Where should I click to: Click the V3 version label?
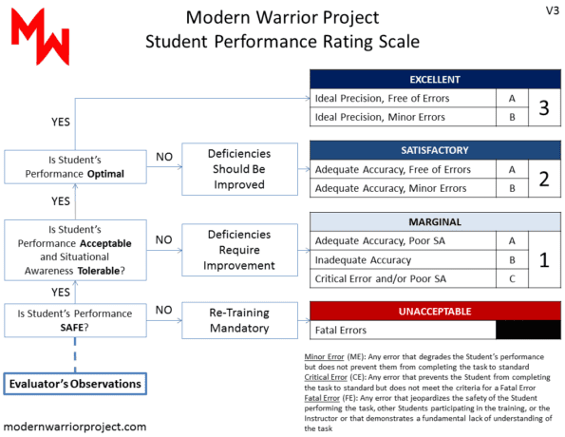tap(551, 10)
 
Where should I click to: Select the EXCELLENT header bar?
tap(435, 79)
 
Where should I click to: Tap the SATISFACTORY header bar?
tap(435, 150)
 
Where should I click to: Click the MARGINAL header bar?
tap(435, 221)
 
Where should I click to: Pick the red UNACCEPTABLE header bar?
tap(435, 311)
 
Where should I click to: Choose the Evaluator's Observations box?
tap(76, 383)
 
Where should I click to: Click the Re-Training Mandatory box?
tap(239, 319)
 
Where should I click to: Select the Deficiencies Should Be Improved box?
tap(239, 169)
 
